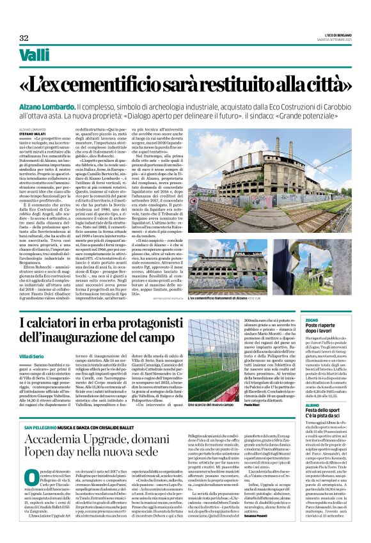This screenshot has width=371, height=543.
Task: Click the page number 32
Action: (24, 38)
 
